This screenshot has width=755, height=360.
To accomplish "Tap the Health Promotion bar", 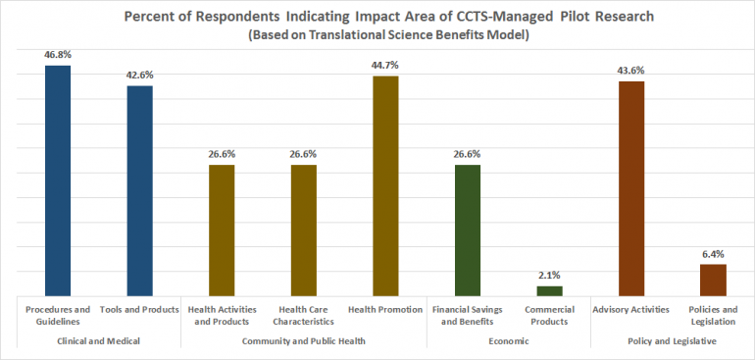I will click(385, 185).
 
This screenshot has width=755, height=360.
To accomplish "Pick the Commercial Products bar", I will click(549, 290).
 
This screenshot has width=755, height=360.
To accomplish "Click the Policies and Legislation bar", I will click(713, 280).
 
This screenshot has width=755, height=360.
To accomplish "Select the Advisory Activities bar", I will click(631, 187).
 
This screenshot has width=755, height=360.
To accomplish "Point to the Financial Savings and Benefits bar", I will click(468, 230).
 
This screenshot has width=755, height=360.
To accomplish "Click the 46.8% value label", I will click(57, 57).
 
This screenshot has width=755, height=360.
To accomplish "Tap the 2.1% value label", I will click(549, 276).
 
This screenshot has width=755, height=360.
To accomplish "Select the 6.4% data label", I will click(713, 254).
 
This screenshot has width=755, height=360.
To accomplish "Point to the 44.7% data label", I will click(385, 65).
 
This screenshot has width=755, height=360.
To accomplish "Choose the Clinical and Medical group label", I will click(98, 340).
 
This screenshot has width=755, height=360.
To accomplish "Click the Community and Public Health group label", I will click(303, 340).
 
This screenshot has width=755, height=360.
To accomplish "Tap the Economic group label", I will click(508, 340).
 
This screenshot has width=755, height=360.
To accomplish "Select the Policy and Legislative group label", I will click(672, 340).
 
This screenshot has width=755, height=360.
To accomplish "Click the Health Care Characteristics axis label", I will click(303, 315).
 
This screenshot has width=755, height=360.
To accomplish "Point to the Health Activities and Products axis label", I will click(222, 315).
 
